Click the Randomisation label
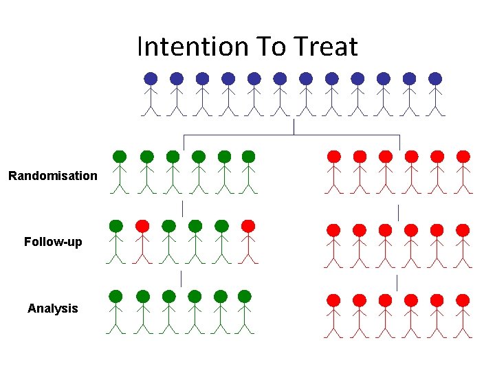(x=53, y=176)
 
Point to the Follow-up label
(x=53, y=242)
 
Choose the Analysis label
(x=53, y=308)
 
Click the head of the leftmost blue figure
(x=151, y=79)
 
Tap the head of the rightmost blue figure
(x=435, y=79)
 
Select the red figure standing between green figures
(x=142, y=240)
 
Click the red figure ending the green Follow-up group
(x=248, y=240)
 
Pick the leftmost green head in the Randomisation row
(x=120, y=157)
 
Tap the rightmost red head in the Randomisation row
(x=463, y=157)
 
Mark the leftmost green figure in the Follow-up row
(x=116, y=240)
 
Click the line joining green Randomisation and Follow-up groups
(x=182, y=208)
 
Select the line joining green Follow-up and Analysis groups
(x=181, y=279)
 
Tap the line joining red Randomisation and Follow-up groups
(x=399, y=212)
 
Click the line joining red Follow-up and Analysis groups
(x=397, y=282)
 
